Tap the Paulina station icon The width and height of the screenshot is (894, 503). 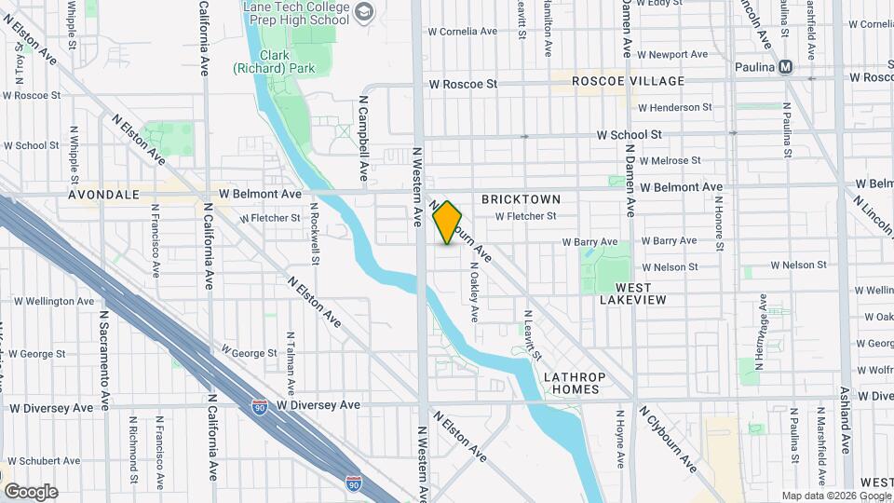click(786, 66)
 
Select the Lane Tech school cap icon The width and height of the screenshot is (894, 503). click(363, 12)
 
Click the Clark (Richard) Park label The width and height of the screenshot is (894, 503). click(260, 61)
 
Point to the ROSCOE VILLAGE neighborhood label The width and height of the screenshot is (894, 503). click(628, 81)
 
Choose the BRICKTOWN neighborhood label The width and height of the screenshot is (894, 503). click(521, 199)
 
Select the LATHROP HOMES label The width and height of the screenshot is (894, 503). click(573, 383)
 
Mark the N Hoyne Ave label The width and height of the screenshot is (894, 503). click(619, 440)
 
